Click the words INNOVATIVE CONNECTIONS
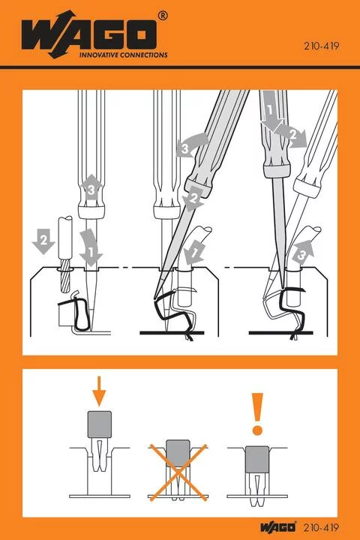point(112,55)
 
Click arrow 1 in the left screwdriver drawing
point(92,255)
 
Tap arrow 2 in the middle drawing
point(193,199)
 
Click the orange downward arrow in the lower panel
point(100,390)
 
